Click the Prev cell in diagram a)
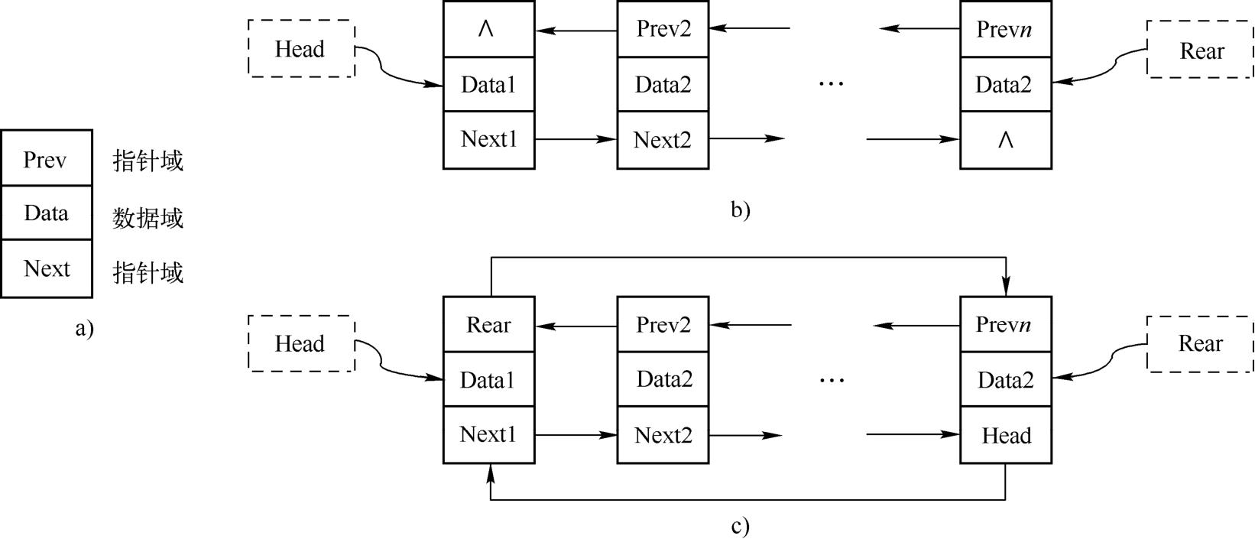(x=46, y=159)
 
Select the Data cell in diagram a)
(x=46, y=213)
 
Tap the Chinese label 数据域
(x=148, y=219)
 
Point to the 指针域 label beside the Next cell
(x=148, y=272)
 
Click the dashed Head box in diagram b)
(x=301, y=49)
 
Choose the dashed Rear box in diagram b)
(x=1200, y=50)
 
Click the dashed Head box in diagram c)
(x=301, y=343)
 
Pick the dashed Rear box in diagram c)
(x=1200, y=343)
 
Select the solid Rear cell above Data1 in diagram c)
(x=489, y=325)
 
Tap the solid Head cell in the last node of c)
(x=1006, y=436)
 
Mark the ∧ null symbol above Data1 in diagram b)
(x=486, y=29)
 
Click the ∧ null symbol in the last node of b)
(x=1006, y=140)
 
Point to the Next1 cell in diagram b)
(x=489, y=139)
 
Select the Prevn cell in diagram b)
(x=1006, y=29)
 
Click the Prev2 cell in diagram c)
(x=663, y=325)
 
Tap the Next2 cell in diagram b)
(x=663, y=140)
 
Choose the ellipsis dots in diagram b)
(x=831, y=83)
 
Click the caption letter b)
(x=740, y=209)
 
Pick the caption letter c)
(x=740, y=526)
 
